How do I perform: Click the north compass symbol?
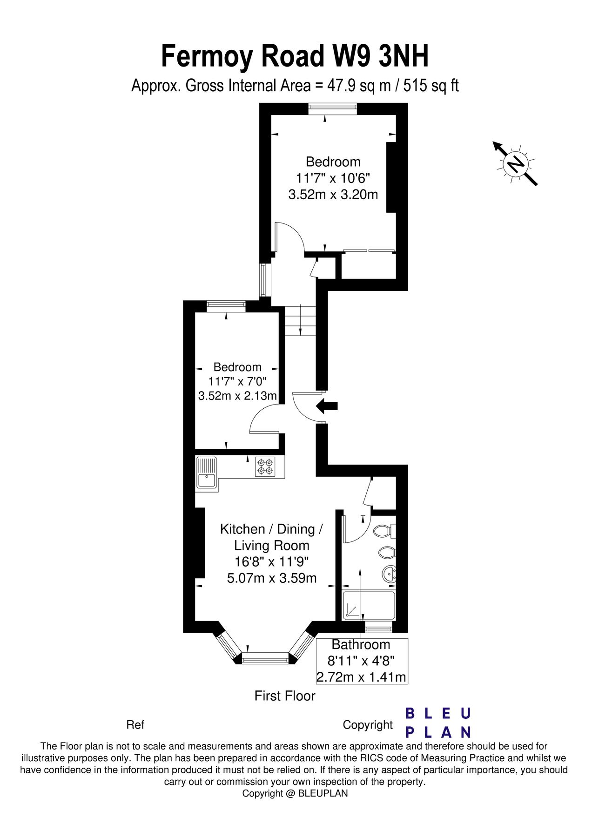point(516,163)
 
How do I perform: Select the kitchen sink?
point(207,473)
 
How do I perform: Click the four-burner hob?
point(265,466)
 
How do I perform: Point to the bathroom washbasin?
point(389,574)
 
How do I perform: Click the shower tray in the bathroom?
point(368,606)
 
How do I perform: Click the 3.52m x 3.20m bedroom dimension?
point(333,194)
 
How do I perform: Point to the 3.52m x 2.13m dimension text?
point(237,396)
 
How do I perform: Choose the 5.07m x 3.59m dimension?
point(272,578)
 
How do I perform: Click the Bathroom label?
point(361,644)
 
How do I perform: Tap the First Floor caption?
point(285,696)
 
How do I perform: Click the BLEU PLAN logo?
point(438,723)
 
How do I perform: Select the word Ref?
point(135,725)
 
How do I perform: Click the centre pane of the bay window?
point(265,658)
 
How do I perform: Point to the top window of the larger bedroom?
point(333,109)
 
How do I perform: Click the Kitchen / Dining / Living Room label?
point(272,537)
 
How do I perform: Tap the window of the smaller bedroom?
point(226,306)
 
